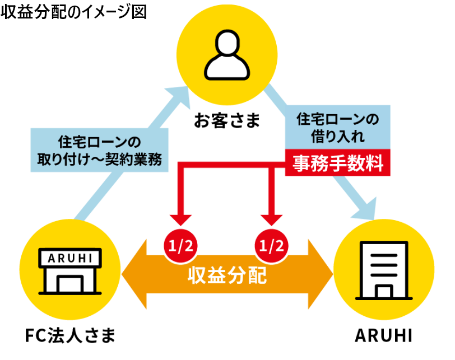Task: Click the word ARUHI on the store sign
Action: click(70, 258)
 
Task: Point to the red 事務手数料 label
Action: click(337, 163)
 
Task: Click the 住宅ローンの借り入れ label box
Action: click(337, 127)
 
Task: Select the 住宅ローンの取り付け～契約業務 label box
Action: click(99, 149)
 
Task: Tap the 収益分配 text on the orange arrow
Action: click(226, 276)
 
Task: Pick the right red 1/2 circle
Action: click(273, 245)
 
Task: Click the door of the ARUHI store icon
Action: click(70, 283)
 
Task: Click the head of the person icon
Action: click(227, 43)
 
